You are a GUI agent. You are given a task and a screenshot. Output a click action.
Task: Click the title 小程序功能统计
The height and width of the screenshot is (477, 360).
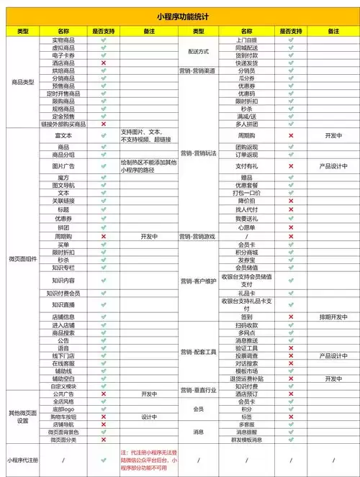179,15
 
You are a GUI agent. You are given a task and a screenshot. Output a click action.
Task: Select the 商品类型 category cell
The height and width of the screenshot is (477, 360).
23,83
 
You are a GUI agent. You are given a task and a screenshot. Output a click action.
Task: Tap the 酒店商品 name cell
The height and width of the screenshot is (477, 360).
63,63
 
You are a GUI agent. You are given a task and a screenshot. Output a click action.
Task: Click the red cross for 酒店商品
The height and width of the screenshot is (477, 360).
104,63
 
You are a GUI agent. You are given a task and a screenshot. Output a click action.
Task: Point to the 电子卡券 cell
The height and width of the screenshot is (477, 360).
63,55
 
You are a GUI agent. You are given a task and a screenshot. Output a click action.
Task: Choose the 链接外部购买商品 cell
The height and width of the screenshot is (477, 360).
63,124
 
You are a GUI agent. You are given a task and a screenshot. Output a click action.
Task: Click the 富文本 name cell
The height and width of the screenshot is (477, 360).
63,135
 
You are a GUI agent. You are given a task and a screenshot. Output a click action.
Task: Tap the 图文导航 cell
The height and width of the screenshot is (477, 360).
63,185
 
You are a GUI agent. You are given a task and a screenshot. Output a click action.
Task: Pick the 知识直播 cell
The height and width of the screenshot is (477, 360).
63,304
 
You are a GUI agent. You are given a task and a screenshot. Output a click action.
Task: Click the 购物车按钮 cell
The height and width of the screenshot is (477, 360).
63,417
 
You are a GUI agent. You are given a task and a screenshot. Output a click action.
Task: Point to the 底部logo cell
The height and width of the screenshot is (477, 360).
63,409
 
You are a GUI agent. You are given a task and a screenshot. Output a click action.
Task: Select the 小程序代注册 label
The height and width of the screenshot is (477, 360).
23,458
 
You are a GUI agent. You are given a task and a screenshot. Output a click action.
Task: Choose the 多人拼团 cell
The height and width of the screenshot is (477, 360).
246,124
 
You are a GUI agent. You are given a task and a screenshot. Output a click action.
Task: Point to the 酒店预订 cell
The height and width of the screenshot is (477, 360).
246,394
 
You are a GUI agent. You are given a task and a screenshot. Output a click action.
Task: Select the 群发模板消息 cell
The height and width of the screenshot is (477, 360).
246,440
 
